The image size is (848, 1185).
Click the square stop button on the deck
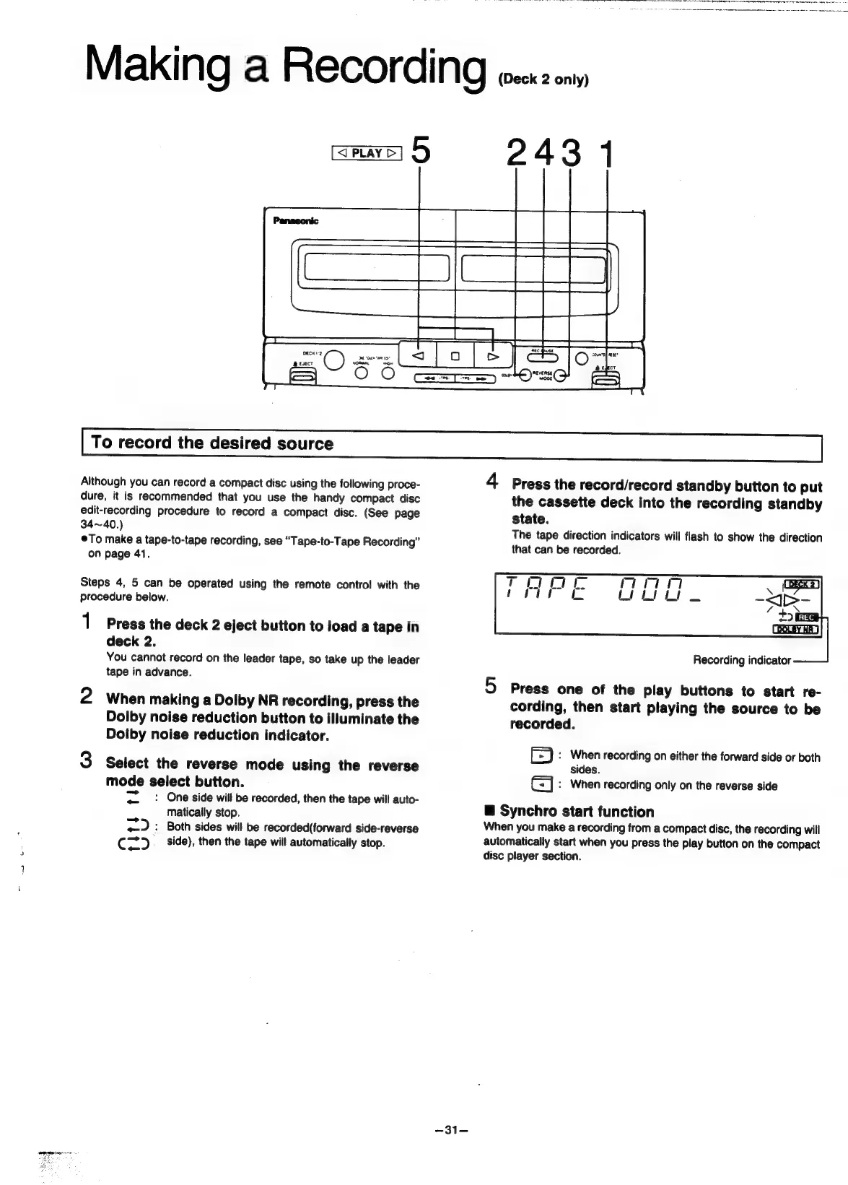[x=455, y=355]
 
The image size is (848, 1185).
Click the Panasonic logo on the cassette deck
[x=295, y=221]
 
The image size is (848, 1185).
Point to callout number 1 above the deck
[x=607, y=154]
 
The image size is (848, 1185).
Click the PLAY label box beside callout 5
[x=367, y=153]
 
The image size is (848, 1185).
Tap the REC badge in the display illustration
[x=806, y=617]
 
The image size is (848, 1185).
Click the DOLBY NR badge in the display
[x=796, y=629]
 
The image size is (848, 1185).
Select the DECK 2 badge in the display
[x=800, y=584]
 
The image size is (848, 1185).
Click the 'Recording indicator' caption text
[x=741, y=660]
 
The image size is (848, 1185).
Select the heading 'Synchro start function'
[x=576, y=812]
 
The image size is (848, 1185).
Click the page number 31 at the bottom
[x=452, y=1130]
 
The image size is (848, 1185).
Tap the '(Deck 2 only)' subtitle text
[x=543, y=79]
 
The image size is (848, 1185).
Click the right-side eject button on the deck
[x=605, y=378]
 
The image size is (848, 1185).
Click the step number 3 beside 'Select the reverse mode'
[x=86, y=760]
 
